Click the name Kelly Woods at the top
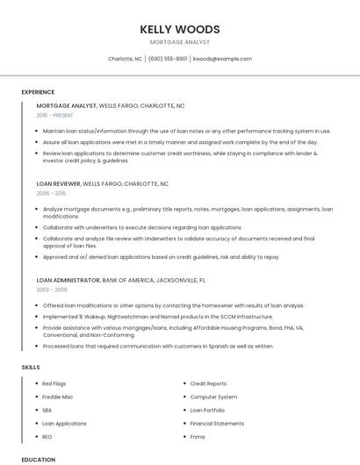[180, 29]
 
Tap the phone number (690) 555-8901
[168, 59]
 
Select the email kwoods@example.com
[222, 59]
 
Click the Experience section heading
[38, 92]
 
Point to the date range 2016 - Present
[55, 115]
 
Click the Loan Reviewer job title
[58, 184]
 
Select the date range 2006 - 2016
[51, 193]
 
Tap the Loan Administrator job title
[68, 281]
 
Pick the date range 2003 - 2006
[52, 290]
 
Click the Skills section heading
[30, 367]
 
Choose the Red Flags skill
[54, 383]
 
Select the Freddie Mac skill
[58, 397]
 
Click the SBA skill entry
[47, 410]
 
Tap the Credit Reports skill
[208, 383]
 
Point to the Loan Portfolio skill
[207, 410]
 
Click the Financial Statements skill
[217, 423]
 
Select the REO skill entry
[47, 436]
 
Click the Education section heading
[38, 460]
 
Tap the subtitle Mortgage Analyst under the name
[180, 42]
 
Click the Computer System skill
[213, 397]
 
